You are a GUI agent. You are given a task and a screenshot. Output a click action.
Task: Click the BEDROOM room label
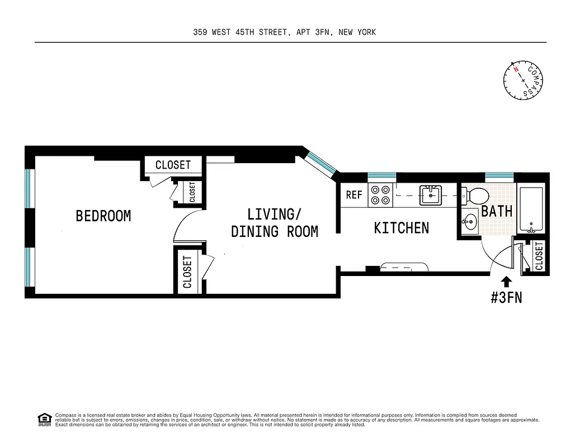pyautogui.click(x=103, y=216)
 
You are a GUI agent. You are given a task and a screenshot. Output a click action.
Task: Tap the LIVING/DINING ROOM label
pyautogui.click(x=274, y=222)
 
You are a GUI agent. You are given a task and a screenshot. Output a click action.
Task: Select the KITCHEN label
pyautogui.click(x=401, y=228)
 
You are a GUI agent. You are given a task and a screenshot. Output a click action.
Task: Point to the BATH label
pyautogui.click(x=497, y=211)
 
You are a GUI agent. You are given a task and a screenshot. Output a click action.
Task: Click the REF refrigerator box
pyautogui.click(x=354, y=195)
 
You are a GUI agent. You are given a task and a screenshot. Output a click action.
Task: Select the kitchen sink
pyautogui.click(x=431, y=194)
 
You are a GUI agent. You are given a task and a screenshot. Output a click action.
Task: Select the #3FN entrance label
pyautogui.click(x=506, y=298)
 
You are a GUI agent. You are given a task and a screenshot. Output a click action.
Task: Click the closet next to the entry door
pyautogui.click(x=538, y=256)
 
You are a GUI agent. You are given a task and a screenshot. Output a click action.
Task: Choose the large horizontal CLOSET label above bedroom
pyautogui.click(x=173, y=165)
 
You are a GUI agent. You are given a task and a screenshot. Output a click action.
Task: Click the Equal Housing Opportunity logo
pyautogui.click(x=44, y=419)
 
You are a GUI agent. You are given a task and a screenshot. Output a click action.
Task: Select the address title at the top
pyautogui.click(x=284, y=32)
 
